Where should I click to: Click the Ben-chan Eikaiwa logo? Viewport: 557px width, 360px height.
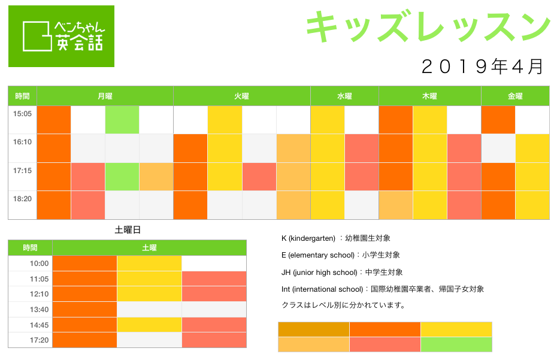61,36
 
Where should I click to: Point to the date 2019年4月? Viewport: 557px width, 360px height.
482,66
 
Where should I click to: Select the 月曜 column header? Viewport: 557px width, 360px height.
105,96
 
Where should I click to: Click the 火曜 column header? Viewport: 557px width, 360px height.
241,96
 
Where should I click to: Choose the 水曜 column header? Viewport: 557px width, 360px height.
344,96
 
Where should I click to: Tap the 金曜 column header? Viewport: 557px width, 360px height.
515,96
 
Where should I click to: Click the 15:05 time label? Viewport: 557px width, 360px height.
22,114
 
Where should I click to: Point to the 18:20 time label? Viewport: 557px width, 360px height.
22,199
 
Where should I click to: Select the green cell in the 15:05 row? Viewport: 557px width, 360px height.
122,120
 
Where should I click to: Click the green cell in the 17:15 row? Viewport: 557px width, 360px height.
122,177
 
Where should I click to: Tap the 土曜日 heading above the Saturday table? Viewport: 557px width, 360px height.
128,230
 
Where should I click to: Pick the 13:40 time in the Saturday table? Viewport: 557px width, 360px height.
39,310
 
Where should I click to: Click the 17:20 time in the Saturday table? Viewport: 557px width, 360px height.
39,340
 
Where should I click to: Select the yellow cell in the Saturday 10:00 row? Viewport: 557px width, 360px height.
149,264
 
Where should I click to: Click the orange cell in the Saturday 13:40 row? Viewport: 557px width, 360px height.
84,310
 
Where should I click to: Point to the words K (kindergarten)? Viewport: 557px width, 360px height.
308,238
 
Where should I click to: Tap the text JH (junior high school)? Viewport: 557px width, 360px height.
319,272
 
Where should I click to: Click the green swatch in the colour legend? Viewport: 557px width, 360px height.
456,344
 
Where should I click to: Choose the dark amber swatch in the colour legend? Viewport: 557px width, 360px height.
314,329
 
